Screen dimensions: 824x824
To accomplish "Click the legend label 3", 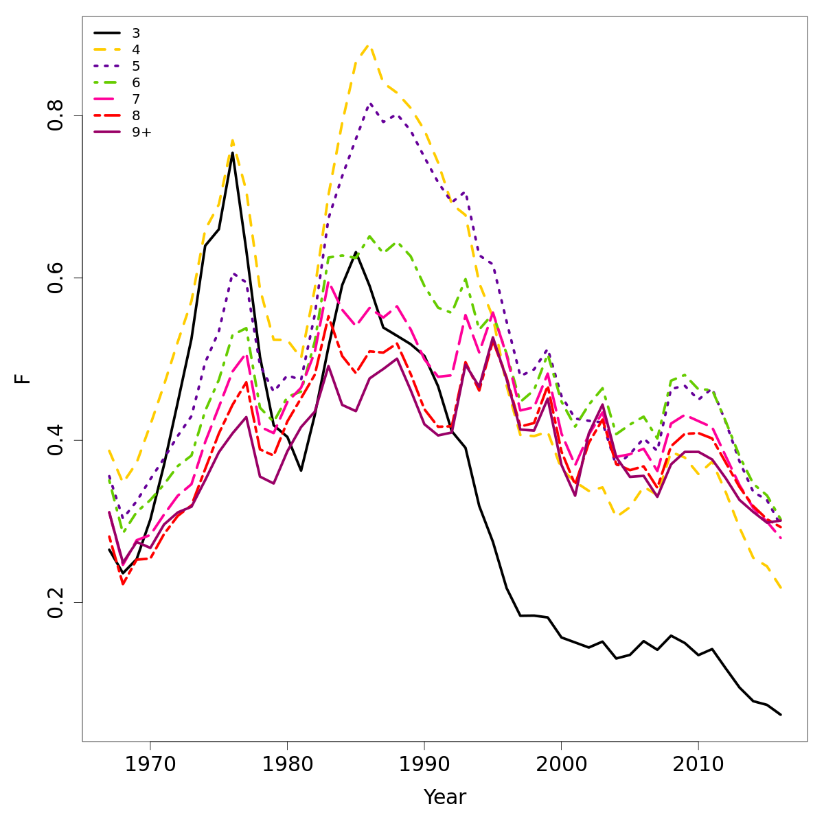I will [136, 33].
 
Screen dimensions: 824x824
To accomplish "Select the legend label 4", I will [136, 49].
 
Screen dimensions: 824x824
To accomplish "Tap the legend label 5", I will [136, 66].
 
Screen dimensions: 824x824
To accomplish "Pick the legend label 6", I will [136, 82].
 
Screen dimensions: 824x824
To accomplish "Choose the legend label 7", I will [136, 99].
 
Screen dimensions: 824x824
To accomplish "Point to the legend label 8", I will [136, 115].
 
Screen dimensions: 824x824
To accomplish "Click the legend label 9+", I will [141, 132].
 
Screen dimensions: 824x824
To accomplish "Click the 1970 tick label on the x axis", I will [150, 764].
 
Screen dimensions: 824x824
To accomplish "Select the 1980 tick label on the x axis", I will [287, 764].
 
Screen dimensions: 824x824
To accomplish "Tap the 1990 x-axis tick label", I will [424, 764].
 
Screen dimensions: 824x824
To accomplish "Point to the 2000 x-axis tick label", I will [561, 764].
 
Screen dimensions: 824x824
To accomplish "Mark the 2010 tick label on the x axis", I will [698, 764].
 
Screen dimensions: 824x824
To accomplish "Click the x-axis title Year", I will [445, 797].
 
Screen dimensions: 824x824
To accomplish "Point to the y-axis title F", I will [23, 378].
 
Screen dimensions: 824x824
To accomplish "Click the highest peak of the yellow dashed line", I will [369, 45].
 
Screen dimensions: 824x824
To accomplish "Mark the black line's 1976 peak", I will [232, 152].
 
